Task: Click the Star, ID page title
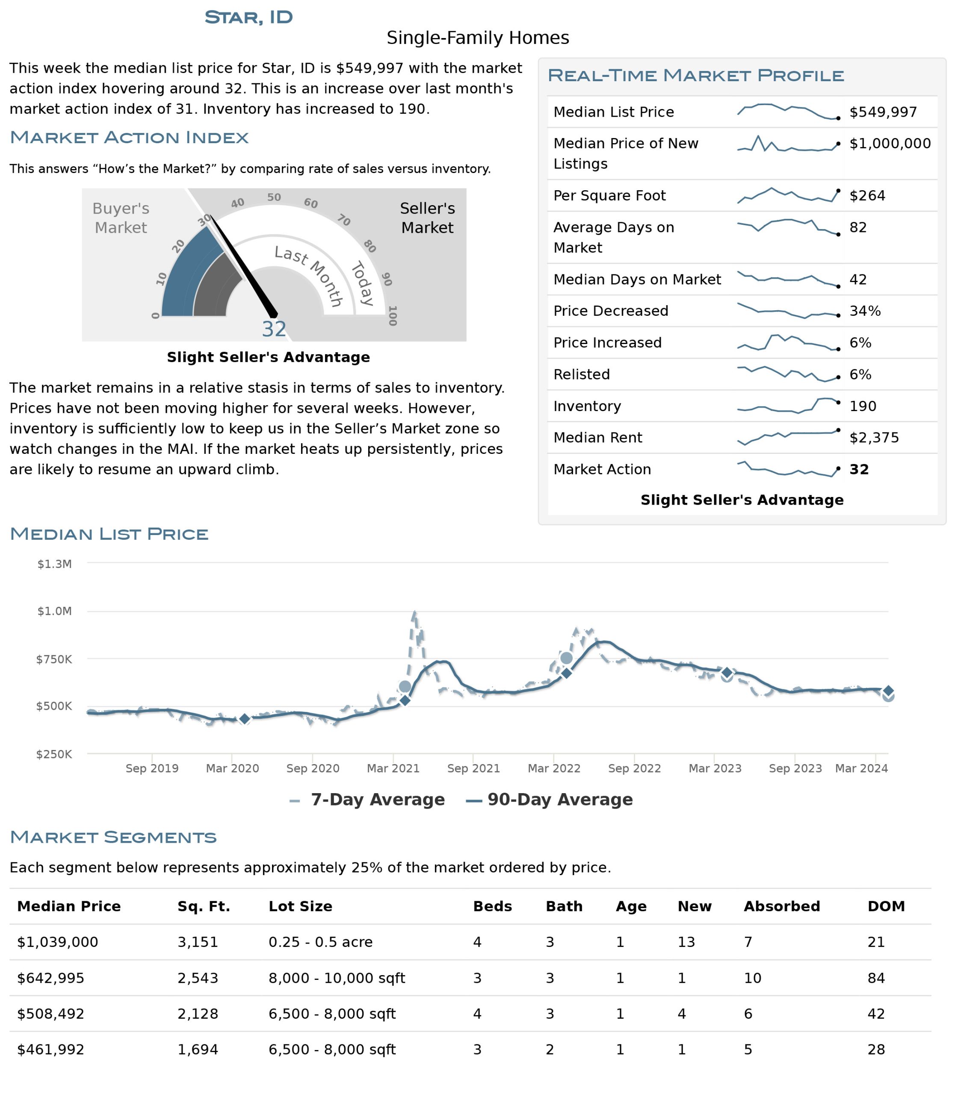pos(248,18)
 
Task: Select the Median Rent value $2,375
pos(874,438)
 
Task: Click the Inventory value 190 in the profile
pos(863,406)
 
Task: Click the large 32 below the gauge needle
pos(274,329)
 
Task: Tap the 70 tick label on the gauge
pos(344,220)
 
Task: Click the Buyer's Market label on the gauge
pos(121,218)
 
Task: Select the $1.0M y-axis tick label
pos(54,611)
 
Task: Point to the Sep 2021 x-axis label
pos(473,768)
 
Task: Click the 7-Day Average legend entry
pos(367,800)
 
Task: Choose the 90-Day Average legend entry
pos(549,800)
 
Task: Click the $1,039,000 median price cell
pos(58,942)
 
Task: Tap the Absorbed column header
pos(782,906)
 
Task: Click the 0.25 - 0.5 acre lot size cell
pos(320,942)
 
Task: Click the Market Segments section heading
pos(113,837)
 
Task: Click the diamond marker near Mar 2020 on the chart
pos(244,719)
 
